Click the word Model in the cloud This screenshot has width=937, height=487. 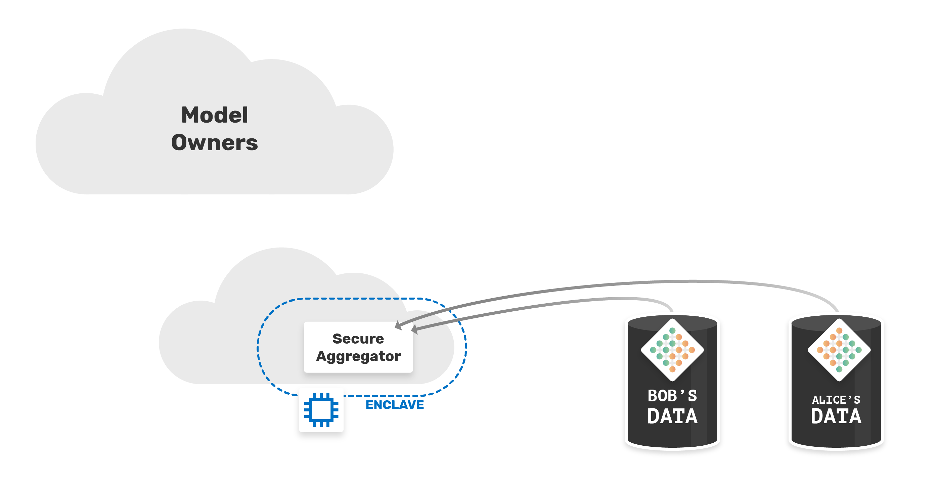click(x=215, y=115)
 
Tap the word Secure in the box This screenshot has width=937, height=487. click(x=358, y=339)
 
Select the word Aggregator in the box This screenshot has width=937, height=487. click(x=358, y=357)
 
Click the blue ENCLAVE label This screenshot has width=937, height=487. click(x=395, y=405)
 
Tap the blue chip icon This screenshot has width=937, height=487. click(x=321, y=410)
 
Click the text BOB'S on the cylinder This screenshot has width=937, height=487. click(x=672, y=396)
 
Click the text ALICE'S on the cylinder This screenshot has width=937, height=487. click(x=836, y=400)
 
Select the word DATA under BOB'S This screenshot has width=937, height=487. click(x=672, y=416)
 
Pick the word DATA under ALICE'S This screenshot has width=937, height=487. click(x=836, y=416)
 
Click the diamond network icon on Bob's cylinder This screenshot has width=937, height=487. click(x=672, y=350)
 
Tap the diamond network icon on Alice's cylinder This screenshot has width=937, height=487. click(x=839, y=350)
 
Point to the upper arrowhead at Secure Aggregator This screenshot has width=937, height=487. click(x=398, y=325)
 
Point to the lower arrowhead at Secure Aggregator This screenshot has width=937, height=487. click(x=415, y=329)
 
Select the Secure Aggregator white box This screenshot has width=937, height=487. click(x=358, y=347)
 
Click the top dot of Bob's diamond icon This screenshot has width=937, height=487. click(x=672, y=330)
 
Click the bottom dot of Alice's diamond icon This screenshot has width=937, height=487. click(x=839, y=369)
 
